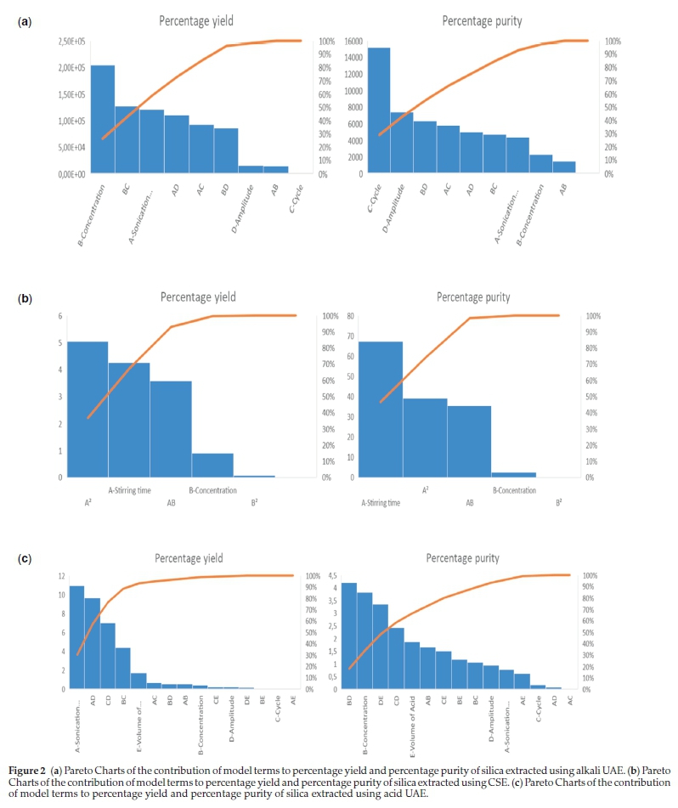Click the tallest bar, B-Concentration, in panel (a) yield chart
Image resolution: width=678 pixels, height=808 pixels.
103,119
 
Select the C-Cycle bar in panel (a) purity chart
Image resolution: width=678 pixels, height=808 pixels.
379,110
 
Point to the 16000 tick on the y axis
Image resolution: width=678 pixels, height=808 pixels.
353,41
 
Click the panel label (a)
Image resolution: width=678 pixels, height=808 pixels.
25,20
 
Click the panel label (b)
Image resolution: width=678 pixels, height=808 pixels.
25,298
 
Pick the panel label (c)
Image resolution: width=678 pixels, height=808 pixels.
25,558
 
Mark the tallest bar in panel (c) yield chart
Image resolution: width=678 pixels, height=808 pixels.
76,637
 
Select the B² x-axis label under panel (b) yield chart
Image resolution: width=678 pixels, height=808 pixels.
255,502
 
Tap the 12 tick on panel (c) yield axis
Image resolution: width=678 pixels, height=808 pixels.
61,576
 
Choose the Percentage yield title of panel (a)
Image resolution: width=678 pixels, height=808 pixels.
196,20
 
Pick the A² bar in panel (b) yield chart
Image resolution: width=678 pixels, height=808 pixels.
88,410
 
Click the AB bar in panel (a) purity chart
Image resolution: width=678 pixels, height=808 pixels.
564,167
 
